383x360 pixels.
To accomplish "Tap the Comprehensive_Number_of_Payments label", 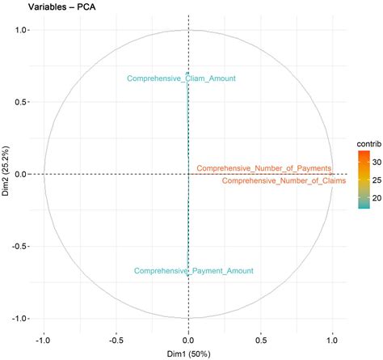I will coord(263,168).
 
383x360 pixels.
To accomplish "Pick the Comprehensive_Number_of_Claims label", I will coord(284,181).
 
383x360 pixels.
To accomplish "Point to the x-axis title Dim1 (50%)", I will coord(188,354).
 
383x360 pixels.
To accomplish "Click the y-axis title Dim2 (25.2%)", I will coord(6,174).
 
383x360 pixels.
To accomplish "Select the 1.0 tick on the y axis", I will coord(22,30).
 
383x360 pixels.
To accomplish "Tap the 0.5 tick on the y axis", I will coord(22,102).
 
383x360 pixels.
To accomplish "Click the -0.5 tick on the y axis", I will coord(20,246).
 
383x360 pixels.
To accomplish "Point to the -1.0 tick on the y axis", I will coord(20,318).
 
